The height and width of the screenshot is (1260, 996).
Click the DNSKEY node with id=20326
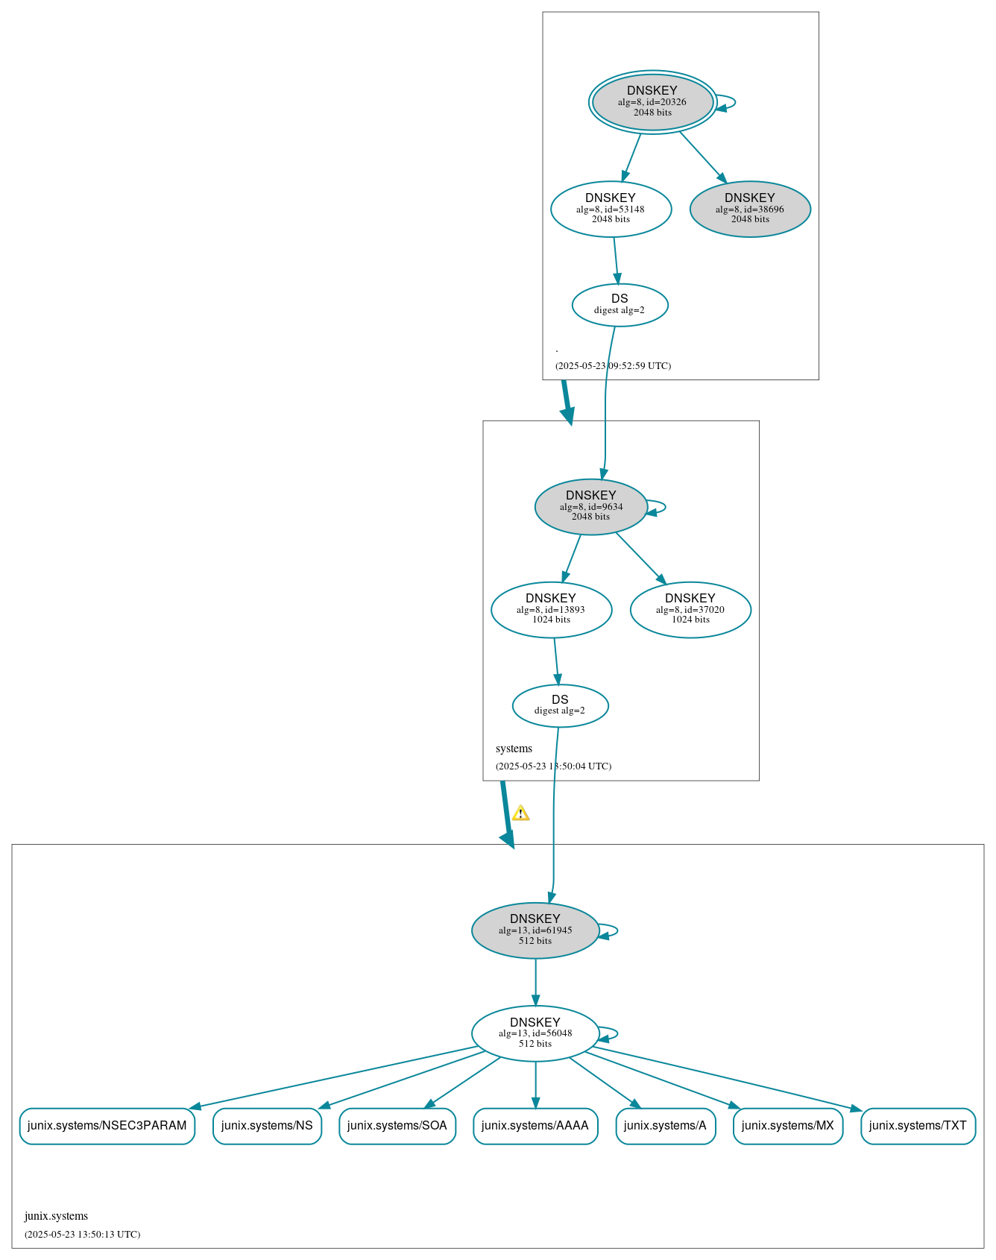click(x=652, y=102)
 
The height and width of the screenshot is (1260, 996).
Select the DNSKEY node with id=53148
click(x=611, y=209)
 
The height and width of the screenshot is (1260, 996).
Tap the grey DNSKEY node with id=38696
click(x=750, y=209)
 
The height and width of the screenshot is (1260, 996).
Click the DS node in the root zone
click(x=620, y=304)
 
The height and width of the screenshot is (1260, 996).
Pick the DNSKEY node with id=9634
click(x=590, y=506)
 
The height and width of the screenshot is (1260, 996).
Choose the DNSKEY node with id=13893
click(x=551, y=609)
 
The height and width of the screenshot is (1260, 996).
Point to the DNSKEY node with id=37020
click(x=690, y=609)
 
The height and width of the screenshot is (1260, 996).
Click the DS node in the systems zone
click(x=560, y=705)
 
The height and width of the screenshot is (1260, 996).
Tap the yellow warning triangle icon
click(x=520, y=813)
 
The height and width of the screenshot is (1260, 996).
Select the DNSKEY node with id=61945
click(x=535, y=930)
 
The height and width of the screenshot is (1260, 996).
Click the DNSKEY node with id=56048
click(x=535, y=1033)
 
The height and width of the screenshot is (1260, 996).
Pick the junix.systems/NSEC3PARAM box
click(x=107, y=1125)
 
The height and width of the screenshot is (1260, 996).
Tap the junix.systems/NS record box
click(x=267, y=1125)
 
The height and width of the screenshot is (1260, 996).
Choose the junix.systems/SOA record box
click(x=397, y=1125)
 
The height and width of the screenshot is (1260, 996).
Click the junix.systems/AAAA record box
click(x=535, y=1125)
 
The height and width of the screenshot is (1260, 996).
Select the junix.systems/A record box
click(x=665, y=1125)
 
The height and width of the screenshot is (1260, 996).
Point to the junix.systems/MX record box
click(x=788, y=1125)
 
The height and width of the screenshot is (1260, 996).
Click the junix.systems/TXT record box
click(x=918, y=1125)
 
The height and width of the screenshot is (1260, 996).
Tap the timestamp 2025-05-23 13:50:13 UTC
click(x=82, y=1234)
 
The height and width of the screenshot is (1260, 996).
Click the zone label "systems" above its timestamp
click(x=514, y=749)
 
